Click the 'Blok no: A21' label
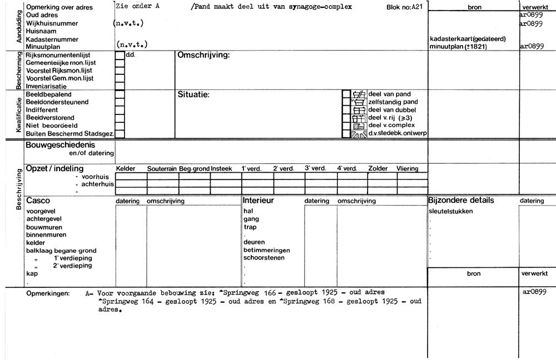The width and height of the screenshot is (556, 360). [404, 8]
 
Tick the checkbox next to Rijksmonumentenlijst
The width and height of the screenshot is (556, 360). [120, 56]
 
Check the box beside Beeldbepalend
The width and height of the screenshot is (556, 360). [120, 94]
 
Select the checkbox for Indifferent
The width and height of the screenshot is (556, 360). [120, 110]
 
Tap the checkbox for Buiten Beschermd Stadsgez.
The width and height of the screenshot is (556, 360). [120, 133]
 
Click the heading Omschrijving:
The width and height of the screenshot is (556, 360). [203, 56]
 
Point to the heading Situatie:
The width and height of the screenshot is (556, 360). [193, 94]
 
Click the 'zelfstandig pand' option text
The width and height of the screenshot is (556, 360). [393, 102]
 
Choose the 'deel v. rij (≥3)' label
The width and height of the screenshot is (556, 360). [390, 118]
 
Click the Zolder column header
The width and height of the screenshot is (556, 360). [378, 168]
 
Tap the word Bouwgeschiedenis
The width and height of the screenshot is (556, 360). [57, 145]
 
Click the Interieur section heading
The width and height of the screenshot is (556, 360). [259, 200]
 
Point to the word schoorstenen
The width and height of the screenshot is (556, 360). [264, 258]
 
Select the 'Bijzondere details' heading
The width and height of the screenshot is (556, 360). [460, 200]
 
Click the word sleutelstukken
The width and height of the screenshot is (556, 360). [451, 211]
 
